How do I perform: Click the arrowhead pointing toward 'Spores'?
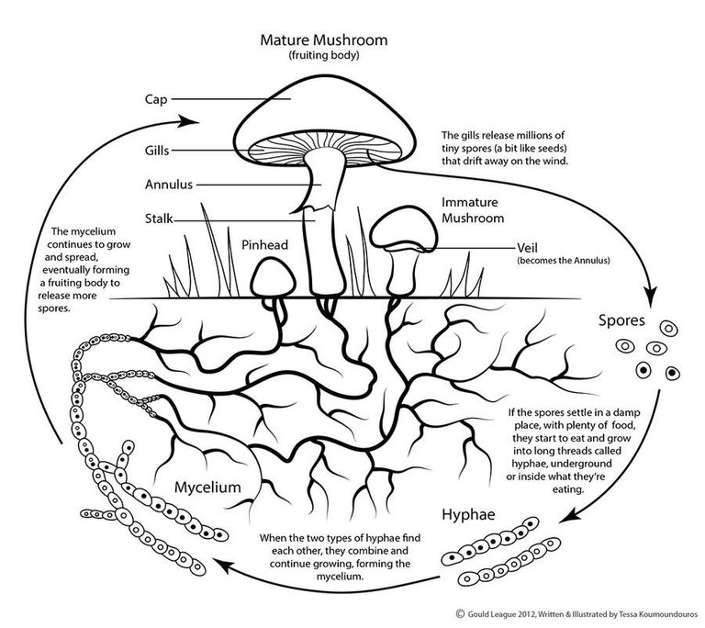click(650, 297)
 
